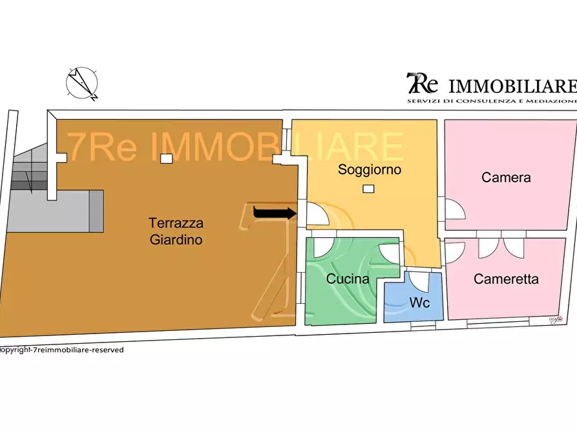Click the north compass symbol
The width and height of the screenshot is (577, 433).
82,83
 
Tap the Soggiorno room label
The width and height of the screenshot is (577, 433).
370,170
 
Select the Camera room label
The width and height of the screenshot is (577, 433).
506,177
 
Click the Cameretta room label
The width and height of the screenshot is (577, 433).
506,279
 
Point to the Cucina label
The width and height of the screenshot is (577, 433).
347,279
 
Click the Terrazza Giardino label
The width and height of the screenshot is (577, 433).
176,231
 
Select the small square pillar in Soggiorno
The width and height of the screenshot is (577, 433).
368,189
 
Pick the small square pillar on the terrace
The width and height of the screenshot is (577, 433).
166,158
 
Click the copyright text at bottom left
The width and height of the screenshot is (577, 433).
61,350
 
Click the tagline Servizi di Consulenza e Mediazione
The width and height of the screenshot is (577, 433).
490,101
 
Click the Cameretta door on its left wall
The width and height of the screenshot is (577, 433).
454,251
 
